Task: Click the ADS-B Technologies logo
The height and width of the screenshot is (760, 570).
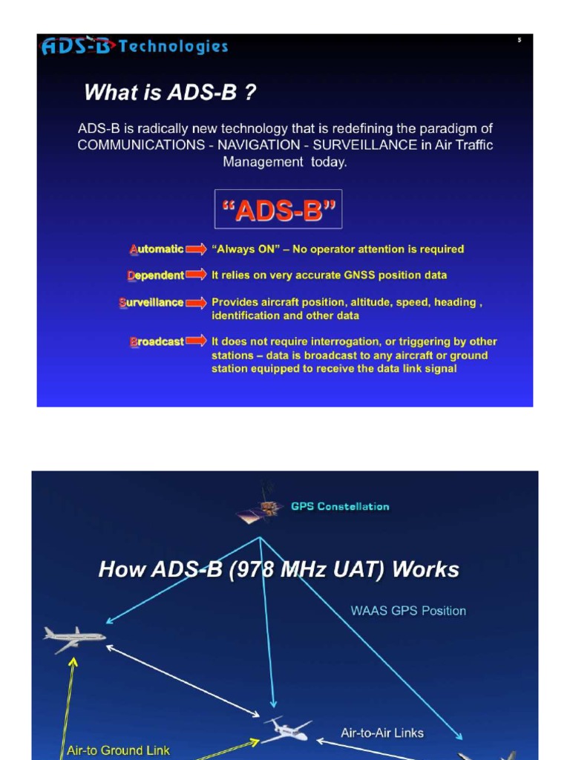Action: click(x=134, y=47)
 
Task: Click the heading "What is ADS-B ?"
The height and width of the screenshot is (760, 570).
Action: click(x=171, y=93)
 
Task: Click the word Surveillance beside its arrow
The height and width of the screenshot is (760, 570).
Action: click(x=151, y=303)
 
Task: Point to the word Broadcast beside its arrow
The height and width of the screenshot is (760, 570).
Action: click(x=157, y=342)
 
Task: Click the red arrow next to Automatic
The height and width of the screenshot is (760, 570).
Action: click(x=196, y=249)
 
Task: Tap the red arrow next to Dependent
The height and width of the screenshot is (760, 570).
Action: click(x=196, y=275)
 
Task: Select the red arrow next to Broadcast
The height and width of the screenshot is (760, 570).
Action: click(x=196, y=341)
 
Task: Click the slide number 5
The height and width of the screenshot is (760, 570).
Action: click(x=520, y=40)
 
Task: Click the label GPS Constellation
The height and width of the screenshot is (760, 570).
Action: click(x=340, y=507)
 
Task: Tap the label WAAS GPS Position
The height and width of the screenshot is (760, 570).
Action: click(x=408, y=611)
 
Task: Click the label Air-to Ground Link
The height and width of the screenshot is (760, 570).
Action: click(x=118, y=750)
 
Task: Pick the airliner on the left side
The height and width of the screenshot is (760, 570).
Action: click(x=74, y=638)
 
